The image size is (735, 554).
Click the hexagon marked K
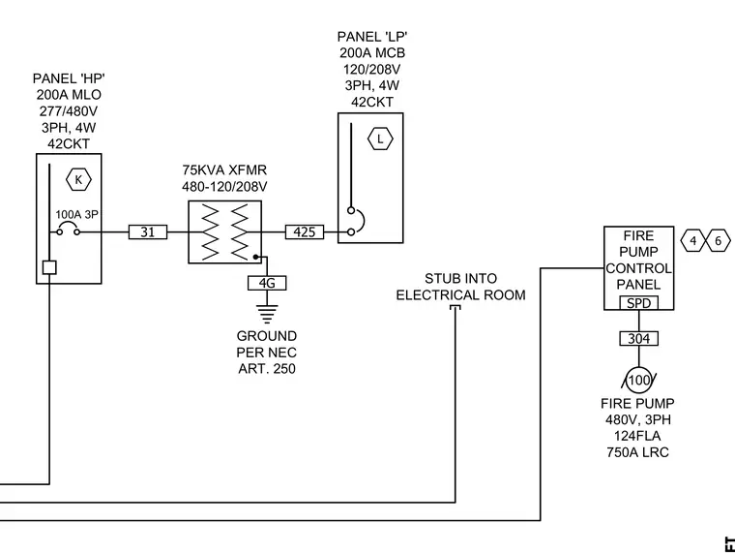[78, 180]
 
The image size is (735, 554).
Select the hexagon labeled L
[380, 138]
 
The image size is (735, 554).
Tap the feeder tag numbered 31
[148, 231]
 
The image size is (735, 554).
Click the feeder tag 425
[305, 231]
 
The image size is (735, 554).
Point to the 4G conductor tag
[267, 283]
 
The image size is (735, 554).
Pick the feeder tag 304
[639, 339]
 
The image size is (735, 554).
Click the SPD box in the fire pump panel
[639, 303]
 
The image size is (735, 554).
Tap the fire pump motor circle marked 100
[639, 380]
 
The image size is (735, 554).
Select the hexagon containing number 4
[693, 241]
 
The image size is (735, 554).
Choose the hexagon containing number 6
[719, 241]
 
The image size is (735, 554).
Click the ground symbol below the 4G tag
[267, 314]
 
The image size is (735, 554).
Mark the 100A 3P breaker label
[76, 215]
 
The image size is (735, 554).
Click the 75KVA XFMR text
[224, 169]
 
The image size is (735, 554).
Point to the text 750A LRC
[637, 452]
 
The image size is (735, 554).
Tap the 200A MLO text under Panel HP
[69, 95]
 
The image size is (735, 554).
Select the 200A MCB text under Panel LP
[372, 53]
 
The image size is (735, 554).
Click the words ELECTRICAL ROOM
[460, 295]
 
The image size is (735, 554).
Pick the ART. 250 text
[267, 369]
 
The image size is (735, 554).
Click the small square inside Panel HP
[49, 267]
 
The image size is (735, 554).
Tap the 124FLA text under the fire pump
[637, 436]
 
